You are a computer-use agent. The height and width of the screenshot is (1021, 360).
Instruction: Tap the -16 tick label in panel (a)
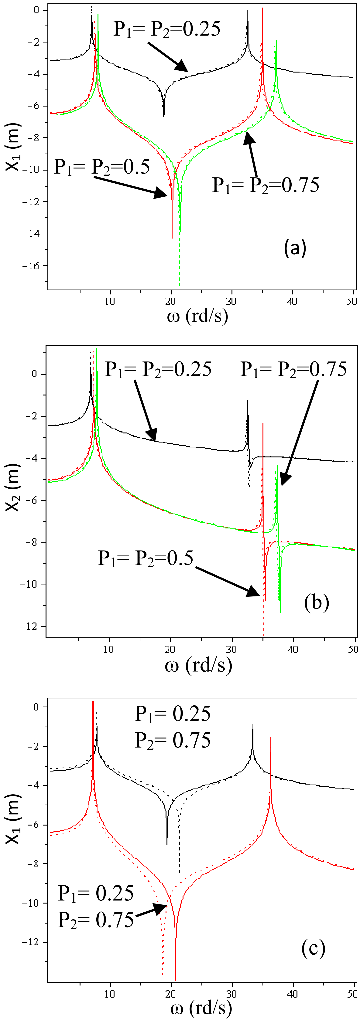click(31, 266)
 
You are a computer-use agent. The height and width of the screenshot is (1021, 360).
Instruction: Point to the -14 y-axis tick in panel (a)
click(31, 234)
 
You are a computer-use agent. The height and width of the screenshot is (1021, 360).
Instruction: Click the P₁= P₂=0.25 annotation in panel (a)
click(167, 29)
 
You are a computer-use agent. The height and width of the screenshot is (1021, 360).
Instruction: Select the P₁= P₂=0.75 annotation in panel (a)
click(266, 185)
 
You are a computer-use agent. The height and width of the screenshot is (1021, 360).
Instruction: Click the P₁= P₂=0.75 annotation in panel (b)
click(293, 369)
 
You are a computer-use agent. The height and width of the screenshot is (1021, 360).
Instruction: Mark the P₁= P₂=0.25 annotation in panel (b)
click(158, 369)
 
